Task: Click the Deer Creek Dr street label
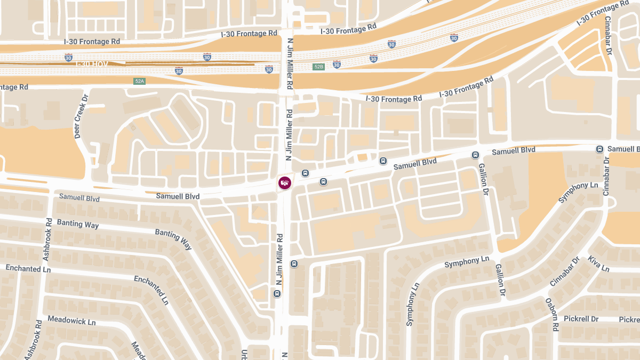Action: click(81, 121)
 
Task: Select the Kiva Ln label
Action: click(598, 263)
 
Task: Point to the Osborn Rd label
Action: click(551, 315)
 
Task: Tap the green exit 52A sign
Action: click(139, 81)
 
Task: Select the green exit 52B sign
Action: click(318, 67)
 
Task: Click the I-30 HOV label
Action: click(92, 64)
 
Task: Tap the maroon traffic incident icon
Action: click(285, 183)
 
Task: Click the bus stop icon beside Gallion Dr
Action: click(475, 155)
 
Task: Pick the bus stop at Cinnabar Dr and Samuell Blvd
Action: click(599, 149)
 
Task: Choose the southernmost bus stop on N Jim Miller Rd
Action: click(276, 293)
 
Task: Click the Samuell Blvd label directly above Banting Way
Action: click(79, 198)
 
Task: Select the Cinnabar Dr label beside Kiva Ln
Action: click(565, 271)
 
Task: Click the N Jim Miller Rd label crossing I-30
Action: click(290, 63)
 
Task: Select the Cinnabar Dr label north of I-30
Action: click(608, 35)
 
